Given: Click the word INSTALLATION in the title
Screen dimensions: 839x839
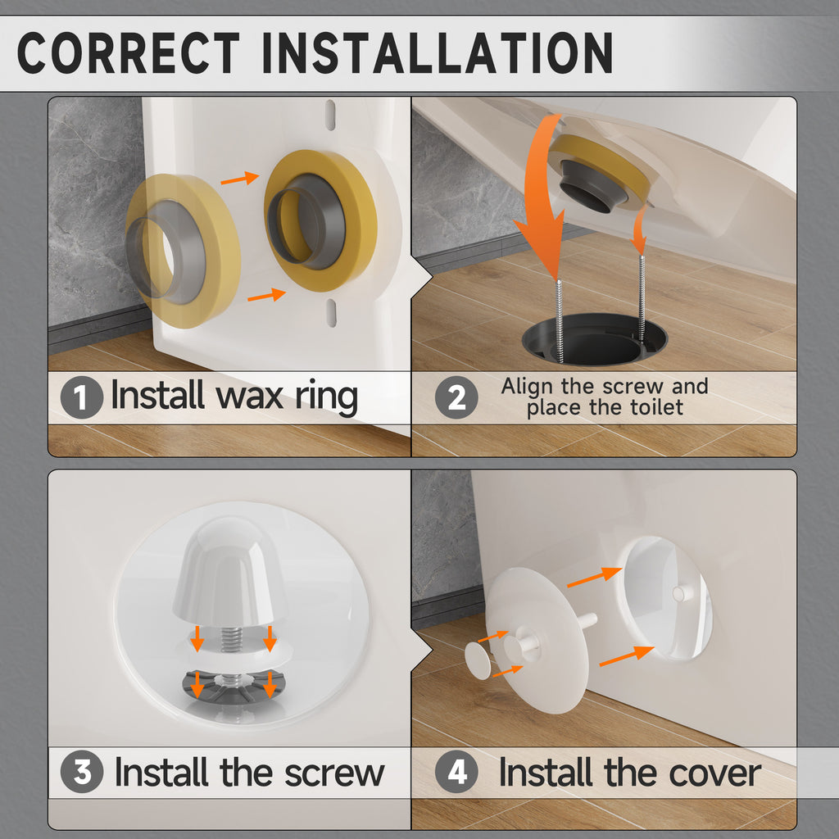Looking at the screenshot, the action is [438, 52].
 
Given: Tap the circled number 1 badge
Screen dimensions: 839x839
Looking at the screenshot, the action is [81, 397].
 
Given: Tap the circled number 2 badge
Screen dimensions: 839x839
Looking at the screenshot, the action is [456, 397].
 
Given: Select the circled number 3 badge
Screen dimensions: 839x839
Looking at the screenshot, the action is [82, 772].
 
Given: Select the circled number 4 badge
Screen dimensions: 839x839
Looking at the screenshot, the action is [456, 772].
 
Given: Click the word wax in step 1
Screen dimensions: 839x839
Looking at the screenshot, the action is [249, 397].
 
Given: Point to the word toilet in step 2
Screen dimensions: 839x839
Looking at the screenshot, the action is [656, 407].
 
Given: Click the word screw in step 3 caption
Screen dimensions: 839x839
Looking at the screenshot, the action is [334, 773].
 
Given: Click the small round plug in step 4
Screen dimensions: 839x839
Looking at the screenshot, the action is [478, 660].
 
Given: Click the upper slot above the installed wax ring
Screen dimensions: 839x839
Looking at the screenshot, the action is [331, 115].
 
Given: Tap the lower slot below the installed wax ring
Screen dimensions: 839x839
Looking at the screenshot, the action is [332, 312].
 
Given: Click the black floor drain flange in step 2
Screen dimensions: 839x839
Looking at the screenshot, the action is [595, 340].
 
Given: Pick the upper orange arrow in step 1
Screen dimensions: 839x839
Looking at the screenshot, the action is [240, 178].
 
